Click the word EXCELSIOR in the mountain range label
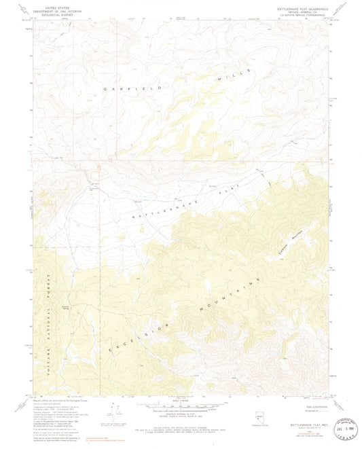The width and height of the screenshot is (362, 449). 136,336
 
